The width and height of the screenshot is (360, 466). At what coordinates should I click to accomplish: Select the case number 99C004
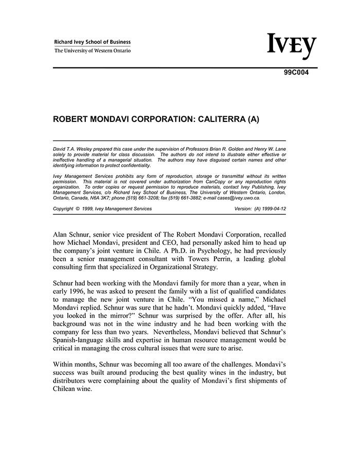pyautogui.click(x=296, y=73)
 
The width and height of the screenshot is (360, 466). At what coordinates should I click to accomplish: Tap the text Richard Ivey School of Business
pyautogui.click(x=93, y=42)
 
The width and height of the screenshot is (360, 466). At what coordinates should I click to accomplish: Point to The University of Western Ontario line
pyautogui.click(x=93, y=51)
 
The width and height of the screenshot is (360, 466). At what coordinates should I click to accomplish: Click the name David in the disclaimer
pyautogui.click(x=59, y=149)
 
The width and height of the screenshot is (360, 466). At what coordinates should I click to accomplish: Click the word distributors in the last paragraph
pyautogui.click(x=73, y=381)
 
